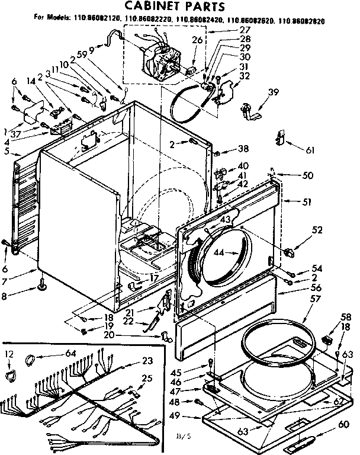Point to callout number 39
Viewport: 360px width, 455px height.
[272, 91]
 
